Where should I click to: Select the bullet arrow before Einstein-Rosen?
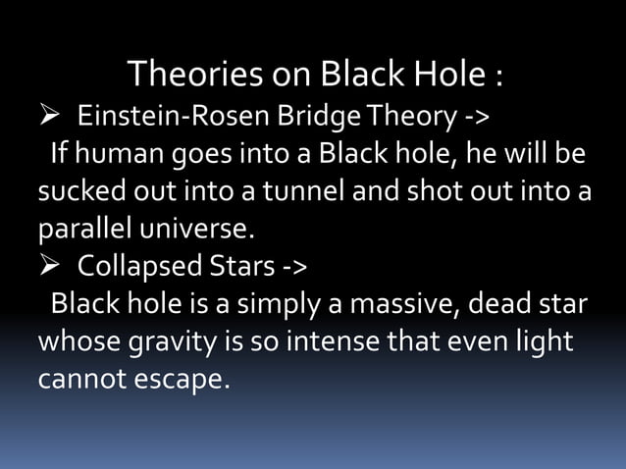[50, 120]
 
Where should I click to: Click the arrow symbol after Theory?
[475, 120]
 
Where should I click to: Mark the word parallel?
[86, 230]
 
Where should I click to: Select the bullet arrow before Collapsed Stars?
[50, 266]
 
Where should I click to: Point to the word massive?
[387, 302]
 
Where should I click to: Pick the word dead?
[492, 302]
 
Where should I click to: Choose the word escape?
[183, 376]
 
